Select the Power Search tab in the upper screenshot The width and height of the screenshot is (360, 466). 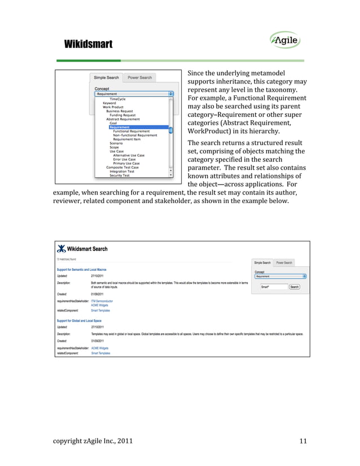pyautogui.click(x=139, y=77)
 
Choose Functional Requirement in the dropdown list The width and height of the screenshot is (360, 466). pyautogui.click(x=131, y=131)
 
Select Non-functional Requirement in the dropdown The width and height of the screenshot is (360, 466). pyautogui.click(x=135, y=135)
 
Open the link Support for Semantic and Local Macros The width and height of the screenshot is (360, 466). pyautogui.click(x=82, y=270)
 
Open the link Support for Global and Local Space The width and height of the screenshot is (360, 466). pyautogui.click(x=80, y=320)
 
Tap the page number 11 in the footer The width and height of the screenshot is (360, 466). pyautogui.click(x=303, y=441)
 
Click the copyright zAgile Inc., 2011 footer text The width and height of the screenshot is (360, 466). pyautogui.click(x=89, y=441)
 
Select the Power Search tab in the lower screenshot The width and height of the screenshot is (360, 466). pyautogui.click(x=284, y=262)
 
